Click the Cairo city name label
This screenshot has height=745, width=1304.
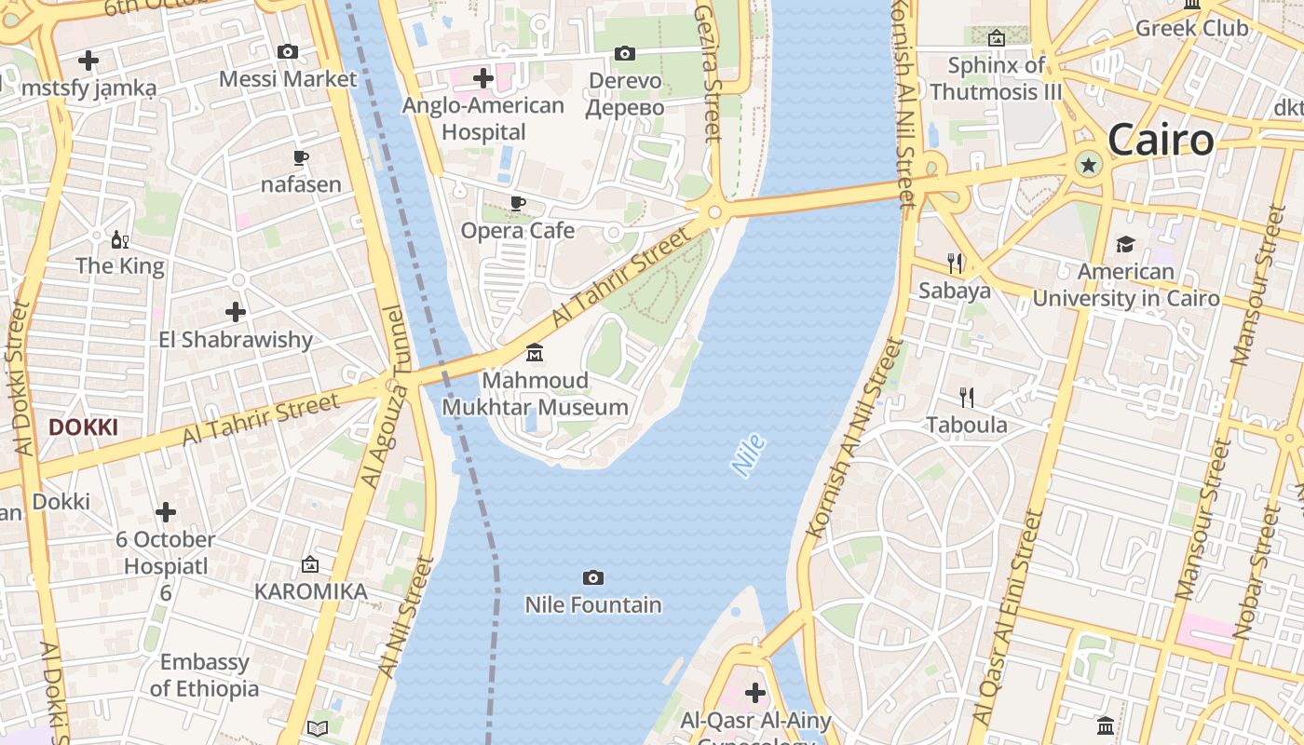point(1161,141)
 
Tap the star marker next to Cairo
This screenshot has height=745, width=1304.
point(1087,166)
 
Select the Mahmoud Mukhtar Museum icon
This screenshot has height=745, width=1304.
point(535,353)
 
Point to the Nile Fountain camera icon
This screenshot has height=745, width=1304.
point(592,578)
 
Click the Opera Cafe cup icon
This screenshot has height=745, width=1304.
point(518,203)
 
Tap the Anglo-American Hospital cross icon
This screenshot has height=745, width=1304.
point(482,77)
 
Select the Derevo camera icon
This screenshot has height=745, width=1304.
point(625,54)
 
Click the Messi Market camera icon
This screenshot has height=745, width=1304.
point(288,52)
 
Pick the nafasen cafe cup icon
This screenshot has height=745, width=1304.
point(300,157)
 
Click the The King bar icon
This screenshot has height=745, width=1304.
point(119,240)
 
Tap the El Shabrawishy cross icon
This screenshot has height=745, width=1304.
point(236,312)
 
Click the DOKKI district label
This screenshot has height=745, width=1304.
point(83,427)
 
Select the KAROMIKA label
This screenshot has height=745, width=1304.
point(310,591)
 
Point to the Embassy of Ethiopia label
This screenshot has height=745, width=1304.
point(204,675)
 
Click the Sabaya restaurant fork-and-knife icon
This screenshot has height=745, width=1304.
point(955,264)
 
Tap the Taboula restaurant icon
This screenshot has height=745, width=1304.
point(967,398)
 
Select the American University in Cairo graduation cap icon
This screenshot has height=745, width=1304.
point(1125,245)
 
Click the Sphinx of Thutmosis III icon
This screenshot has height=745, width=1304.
point(996,38)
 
